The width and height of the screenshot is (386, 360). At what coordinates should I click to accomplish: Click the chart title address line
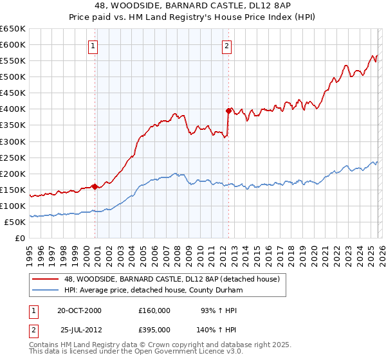click(x=193, y=6)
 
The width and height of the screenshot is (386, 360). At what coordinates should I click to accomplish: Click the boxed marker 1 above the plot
click(x=94, y=46)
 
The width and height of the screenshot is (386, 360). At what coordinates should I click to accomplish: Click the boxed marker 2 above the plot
click(x=227, y=46)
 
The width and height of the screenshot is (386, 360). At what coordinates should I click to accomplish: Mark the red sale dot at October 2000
click(x=95, y=186)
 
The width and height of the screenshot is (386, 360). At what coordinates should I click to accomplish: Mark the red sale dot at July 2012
click(x=228, y=111)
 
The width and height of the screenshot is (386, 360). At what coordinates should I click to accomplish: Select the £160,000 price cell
click(x=154, y=310)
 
